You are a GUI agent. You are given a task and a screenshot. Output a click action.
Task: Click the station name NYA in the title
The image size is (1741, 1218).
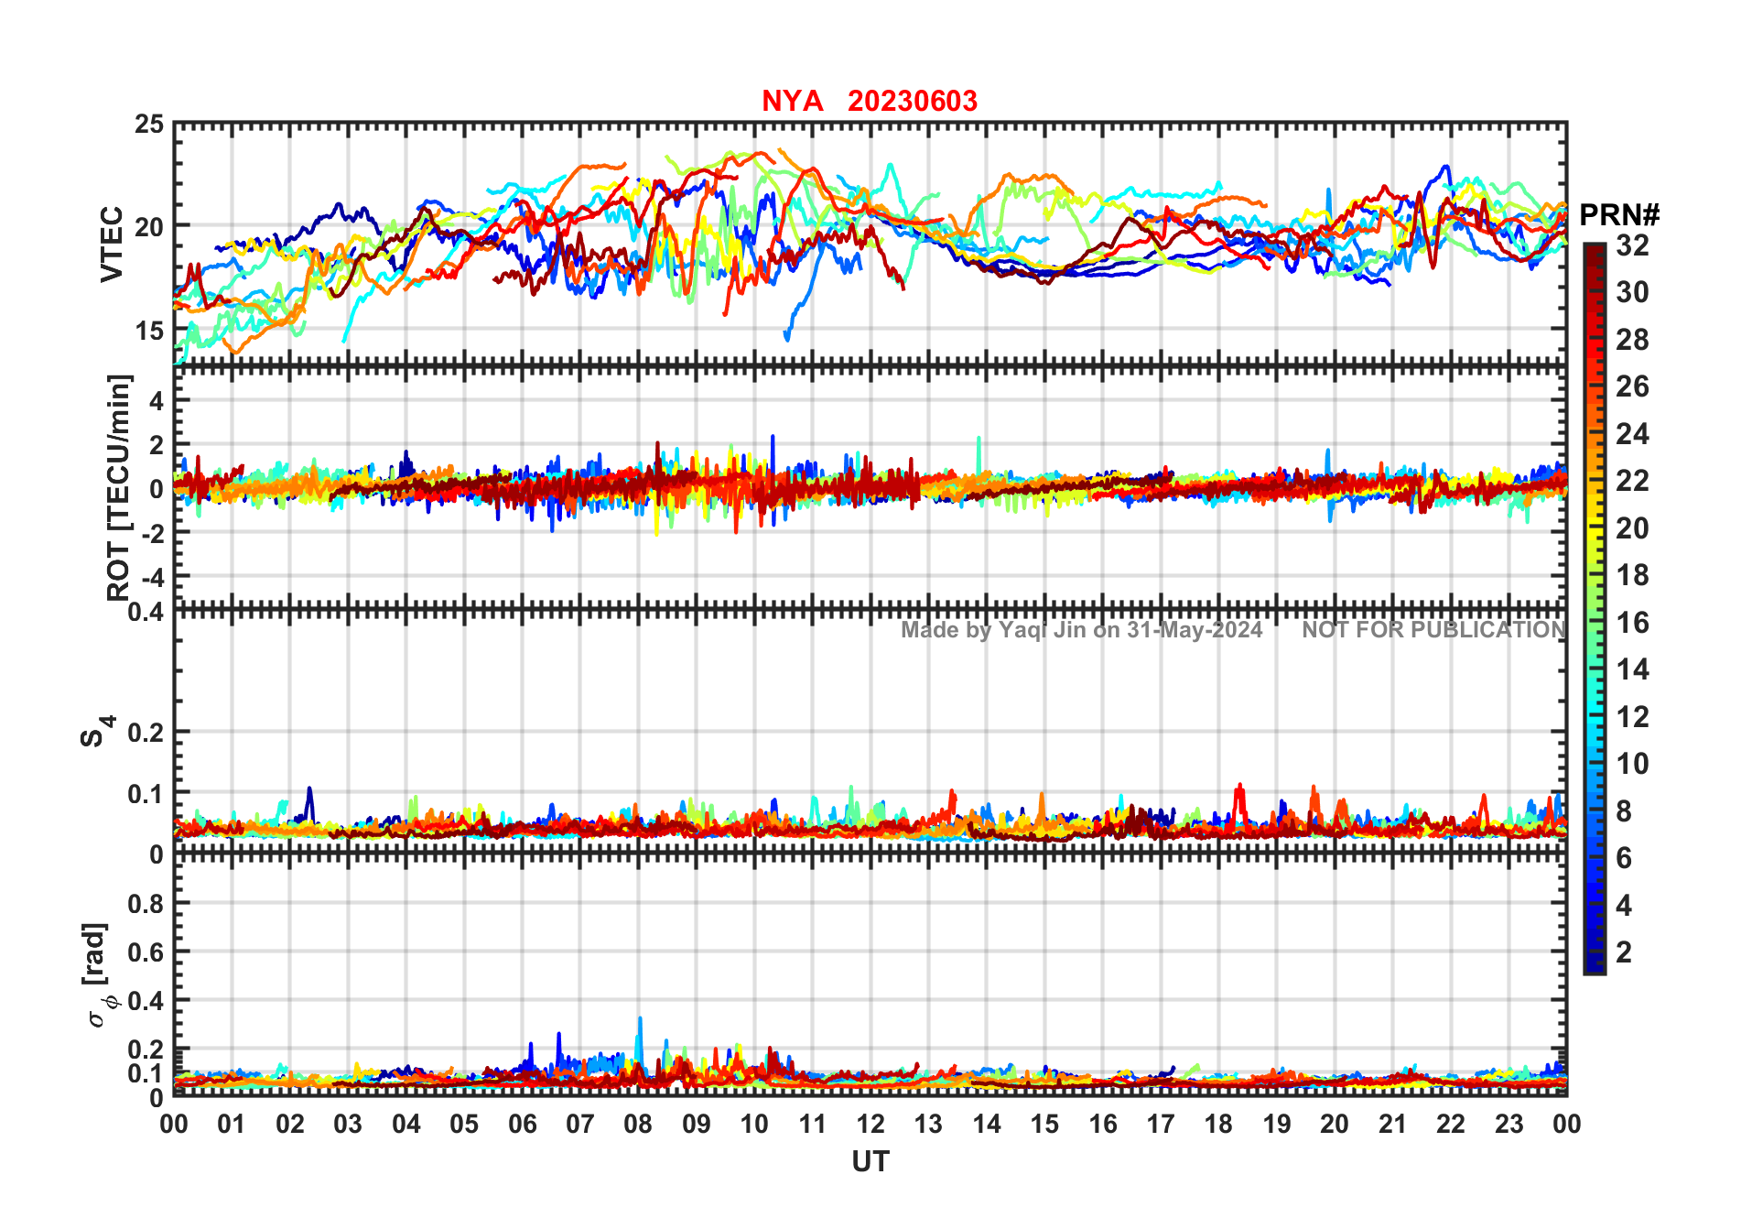[x=792, y=101]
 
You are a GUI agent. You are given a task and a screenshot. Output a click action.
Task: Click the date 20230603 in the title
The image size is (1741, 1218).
[x=912, y=101]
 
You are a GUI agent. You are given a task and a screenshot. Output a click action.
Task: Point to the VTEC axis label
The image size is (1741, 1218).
[x=112, y=244]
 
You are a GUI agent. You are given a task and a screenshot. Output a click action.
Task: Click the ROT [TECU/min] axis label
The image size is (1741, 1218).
[x=118, y=487]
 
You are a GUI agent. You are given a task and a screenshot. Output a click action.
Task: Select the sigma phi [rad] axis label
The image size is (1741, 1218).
[x=97, y=974]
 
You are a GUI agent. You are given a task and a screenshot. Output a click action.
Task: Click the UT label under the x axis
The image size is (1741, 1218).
[x=870, y=1162]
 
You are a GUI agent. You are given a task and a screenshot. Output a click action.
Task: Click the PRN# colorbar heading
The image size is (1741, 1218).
[x=1619, y=215]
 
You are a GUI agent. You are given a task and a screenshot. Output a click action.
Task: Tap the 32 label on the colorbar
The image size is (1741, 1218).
[x=1632, y=245]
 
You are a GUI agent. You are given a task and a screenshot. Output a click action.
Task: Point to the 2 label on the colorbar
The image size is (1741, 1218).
[x=1624, y=952]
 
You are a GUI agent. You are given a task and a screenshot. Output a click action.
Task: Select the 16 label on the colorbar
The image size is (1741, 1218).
[x=1632, y=623]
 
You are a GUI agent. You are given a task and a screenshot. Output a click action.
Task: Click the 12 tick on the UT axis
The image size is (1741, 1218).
[x=870, y=1125]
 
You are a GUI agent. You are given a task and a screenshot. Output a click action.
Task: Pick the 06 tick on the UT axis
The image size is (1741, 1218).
[x=522, y=1125]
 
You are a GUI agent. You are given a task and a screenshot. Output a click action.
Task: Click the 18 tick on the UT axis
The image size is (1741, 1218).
[x=1218, y=1125]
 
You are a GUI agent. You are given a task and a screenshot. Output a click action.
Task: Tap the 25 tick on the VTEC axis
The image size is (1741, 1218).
[x=149, y=125]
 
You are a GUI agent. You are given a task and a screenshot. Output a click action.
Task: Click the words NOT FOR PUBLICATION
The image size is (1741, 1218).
[x=1433, y=630]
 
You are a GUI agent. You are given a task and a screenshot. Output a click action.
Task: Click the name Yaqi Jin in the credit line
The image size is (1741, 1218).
[x=1043, y=630]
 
